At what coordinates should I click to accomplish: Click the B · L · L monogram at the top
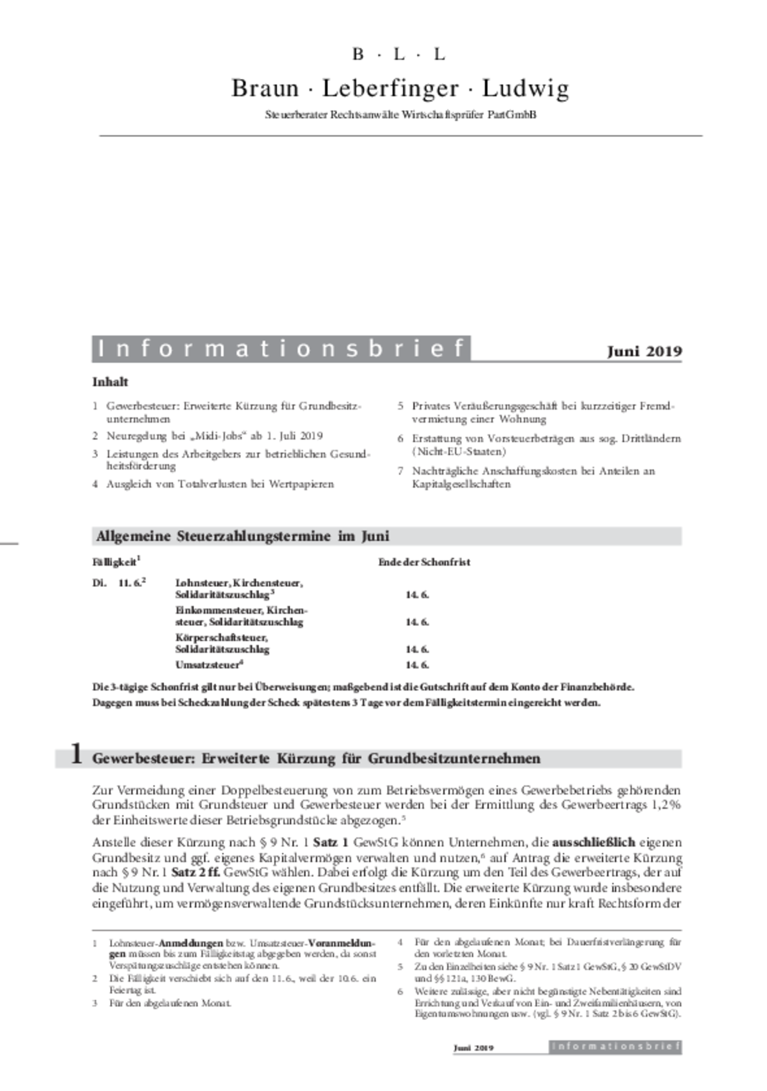click(399, 54)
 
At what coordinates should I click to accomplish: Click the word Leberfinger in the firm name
click(390, 88)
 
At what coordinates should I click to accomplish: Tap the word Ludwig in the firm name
click(525, 88)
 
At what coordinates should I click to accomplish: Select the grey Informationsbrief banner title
click(281, 349)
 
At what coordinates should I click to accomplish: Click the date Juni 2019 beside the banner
click(644, 351)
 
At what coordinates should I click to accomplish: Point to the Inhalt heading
click(110, 382)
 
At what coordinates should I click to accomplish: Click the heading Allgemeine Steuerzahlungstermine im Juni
click(243, 536)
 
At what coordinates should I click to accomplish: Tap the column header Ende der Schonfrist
click(424, 562)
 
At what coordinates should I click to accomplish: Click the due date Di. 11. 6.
click(118, 583)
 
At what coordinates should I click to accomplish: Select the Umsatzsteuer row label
click(209, 665)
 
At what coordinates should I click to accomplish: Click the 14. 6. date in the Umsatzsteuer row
click(417, 665)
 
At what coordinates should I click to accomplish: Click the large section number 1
click(76, 754)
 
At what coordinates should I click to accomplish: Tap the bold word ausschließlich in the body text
click(593, 842)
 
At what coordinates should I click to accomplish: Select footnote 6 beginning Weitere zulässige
click(547, 1002)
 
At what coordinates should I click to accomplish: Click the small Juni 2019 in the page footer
click(473, 1048)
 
